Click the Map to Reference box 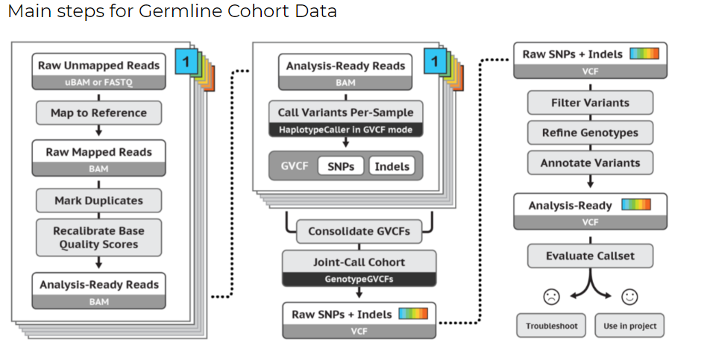(x=99, y=113)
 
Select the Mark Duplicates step (x=99, y=200)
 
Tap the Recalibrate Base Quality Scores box (x=99, y=237)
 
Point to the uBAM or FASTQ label (x=99, y=82)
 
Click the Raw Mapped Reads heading (x=99, y=152)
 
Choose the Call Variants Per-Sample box (x=345, y=113)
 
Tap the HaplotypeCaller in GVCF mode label (x=345, y=130)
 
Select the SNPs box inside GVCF (x=341, y=166)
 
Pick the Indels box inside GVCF (x=392, y=166)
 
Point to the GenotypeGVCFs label (x=359, y=279)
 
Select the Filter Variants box (x=590, y=103)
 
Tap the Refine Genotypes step (x=590, y=133)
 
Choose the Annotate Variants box (x=590, y=162)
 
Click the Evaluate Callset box (x=590, y=256)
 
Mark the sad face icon (x=551, y=297)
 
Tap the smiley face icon (x=629, y=297)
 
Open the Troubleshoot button (x=551, y=326)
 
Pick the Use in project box (x=629, y=326)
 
